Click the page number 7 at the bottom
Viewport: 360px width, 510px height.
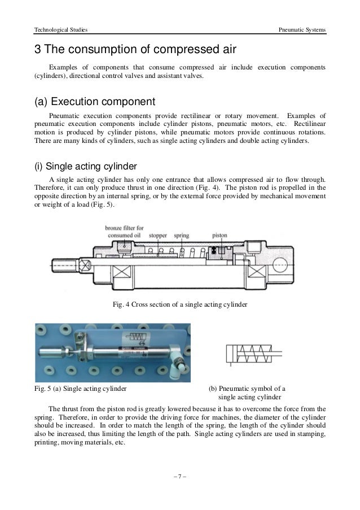point(180,482)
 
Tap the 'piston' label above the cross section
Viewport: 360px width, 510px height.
point(219,234)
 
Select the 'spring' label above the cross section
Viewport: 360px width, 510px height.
point(181,234)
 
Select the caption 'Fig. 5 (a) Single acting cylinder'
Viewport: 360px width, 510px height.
point(81,389)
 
